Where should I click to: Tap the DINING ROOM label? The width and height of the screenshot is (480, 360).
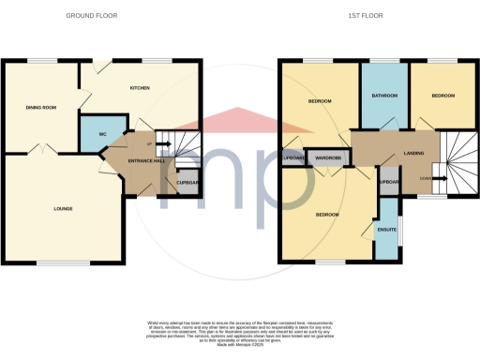tap(41, 108)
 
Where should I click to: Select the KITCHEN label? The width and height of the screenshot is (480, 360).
tap(141, 88)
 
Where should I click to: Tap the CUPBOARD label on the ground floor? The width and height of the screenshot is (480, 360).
tap(187, 183)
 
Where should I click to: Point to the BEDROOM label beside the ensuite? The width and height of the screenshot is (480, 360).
tap(326, 215)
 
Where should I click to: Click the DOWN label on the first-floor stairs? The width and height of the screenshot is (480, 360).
tap(426, 178)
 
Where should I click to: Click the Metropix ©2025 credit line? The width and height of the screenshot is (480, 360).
tap(239, 342)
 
